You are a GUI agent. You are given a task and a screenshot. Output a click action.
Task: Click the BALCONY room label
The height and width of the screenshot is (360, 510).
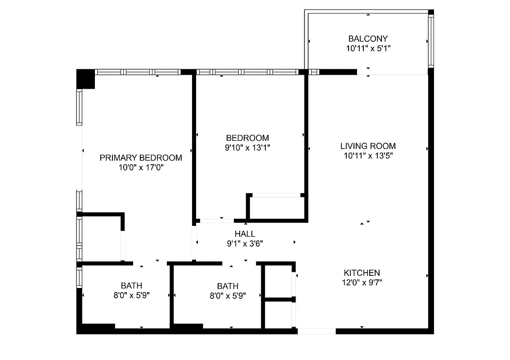click(368, 39)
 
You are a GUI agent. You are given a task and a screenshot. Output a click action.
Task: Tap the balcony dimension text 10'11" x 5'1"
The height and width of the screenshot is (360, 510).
click(368, 49)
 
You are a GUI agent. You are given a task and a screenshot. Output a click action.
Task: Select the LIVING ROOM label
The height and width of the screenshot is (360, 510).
click(368, 146)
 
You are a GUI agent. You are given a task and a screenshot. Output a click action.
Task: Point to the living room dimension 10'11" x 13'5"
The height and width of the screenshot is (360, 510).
click(368, 156)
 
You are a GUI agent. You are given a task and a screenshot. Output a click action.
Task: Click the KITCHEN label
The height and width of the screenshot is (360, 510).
click(362, 273)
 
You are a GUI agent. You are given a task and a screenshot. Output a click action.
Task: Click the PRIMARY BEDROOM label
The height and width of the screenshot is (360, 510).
click(141, 157)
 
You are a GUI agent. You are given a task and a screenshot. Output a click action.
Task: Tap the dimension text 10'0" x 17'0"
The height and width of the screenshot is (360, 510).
click(141, 167)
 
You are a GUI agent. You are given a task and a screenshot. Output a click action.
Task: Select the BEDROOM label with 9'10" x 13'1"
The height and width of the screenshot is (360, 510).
click(247, 138)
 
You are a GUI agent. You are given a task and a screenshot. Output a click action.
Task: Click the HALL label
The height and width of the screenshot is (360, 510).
click(245, 234)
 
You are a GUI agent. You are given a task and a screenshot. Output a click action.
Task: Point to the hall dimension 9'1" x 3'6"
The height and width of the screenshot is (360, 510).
click(245, 244)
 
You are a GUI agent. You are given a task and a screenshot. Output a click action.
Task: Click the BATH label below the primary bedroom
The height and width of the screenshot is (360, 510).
click(131, 285)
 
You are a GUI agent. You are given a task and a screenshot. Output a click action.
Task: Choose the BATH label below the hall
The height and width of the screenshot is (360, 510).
click(228, 286)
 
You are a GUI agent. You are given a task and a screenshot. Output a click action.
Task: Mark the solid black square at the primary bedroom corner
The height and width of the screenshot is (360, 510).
click(85, 79)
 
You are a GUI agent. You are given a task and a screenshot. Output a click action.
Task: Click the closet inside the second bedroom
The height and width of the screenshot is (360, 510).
click(275, 207)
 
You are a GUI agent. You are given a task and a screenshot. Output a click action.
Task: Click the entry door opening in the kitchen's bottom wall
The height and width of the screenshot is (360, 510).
click(317, 331)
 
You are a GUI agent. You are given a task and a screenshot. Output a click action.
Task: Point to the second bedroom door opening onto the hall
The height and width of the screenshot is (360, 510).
click(217, 220)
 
